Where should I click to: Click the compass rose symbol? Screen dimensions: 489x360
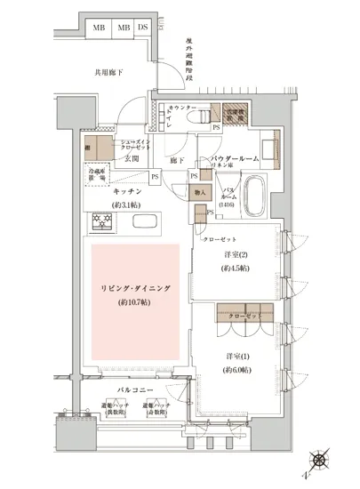pos(319,463)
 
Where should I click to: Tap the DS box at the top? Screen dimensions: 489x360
pos(143,27)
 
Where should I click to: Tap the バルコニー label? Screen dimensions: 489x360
pos(134,391)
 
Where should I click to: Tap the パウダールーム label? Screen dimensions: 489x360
pos(235,158)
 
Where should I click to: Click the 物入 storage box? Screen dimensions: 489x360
pos(200,192)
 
